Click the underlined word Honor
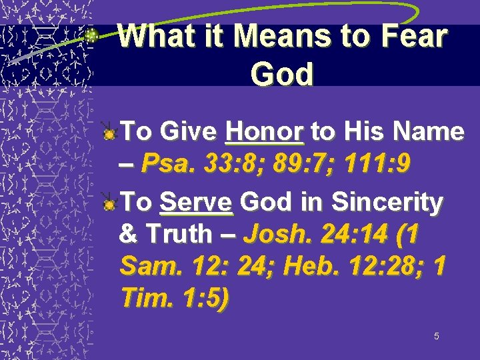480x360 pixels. pyautogui.click(x=265, y=131)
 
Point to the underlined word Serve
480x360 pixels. pyautogui.click(x=196, y=202)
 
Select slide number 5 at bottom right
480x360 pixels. pyautogui.click(x=436, y=336)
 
